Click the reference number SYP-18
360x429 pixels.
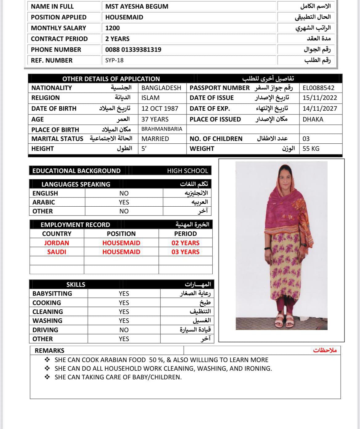tap(114, 60)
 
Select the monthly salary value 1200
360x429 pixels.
tap(112, 28)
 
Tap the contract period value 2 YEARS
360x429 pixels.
tap(117, 39)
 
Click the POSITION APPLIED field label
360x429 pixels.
tap(59, 17)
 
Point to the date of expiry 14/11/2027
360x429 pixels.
tap(320, 109)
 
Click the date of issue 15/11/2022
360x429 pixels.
tap(320, 98)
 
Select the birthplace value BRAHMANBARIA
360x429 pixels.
tap(162, 129)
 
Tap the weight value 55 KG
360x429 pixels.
tap(311, 149)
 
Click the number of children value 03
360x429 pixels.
tap(306, 139)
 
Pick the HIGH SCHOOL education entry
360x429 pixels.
tap(187, 171)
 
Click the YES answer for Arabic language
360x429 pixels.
tap(124, 202)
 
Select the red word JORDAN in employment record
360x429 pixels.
tap(57, 243)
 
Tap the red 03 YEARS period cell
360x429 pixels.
tap(186, 252)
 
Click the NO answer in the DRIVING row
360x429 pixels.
tap(124, 330)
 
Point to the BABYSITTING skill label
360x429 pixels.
tap(52, 294)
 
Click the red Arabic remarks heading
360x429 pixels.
tap(325, 350)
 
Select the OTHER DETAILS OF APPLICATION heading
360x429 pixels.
tap(111, 79)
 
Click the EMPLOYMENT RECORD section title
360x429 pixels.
tap(75, 225)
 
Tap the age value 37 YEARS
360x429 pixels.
tap(155, 119)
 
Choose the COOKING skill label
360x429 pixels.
tap(47, 303)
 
